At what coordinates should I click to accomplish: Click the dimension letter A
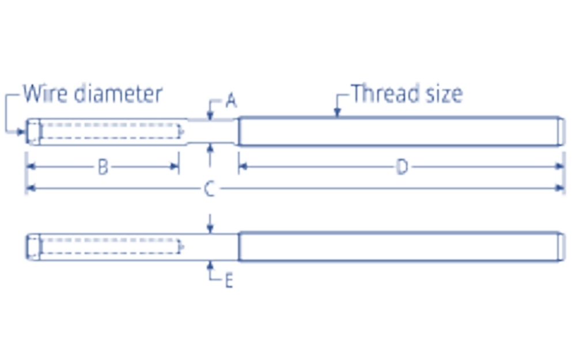[231, 101]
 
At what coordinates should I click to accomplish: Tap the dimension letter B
[103, 168]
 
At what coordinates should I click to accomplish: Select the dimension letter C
[210, 188]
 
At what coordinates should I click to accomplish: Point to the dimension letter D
[402, 168]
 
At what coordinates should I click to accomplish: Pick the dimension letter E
[229, 281]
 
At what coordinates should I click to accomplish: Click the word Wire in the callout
[46, 93]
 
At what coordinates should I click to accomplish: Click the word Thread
[384, 93]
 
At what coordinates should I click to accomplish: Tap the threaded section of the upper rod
[397, 131]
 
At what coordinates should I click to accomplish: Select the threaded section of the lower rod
[397, 247]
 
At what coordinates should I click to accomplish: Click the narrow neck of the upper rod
[210, 131]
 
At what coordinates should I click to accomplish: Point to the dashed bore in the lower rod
[109, 247]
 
